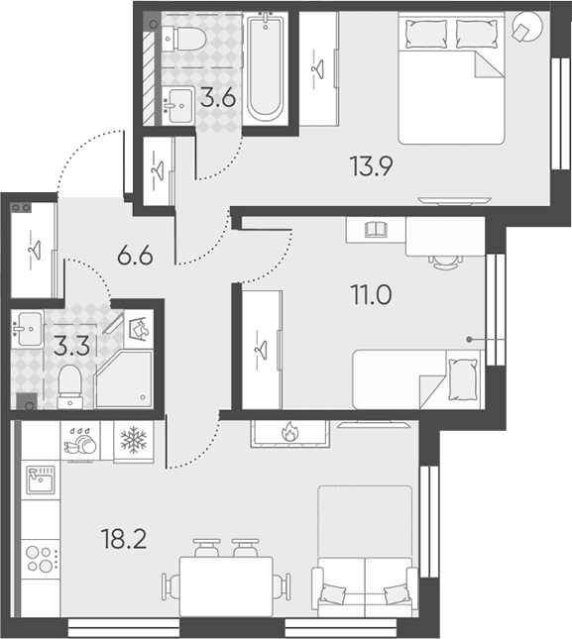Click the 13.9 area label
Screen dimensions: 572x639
tap(371, 166)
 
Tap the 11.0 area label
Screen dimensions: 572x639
tap(371, 295)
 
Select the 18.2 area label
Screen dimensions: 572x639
tap(124, 538)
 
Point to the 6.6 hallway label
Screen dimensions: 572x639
tap(135, 256)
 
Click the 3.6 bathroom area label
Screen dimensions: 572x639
tap(218, 98)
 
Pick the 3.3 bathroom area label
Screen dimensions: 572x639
tap(71, 347)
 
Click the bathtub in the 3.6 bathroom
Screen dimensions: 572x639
tap(265, 66)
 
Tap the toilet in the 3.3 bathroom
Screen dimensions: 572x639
tap(69, 386)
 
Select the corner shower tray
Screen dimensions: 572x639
tap(125, 379)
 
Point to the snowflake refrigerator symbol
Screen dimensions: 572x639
tap(133, 440)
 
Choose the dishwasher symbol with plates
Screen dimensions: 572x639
tap(80, 441)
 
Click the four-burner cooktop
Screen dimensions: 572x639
tap(41, 559)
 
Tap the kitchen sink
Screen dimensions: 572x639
tap(41, 479)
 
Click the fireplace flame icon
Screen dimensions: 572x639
tap(289, 432)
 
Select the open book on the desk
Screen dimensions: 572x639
tap(376, 229)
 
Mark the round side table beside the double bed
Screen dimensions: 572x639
tap(527, 27)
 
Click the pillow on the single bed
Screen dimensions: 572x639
tap(462, 379)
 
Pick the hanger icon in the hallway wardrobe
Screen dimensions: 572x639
tap(34, 249)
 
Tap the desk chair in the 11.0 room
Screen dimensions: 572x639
tap(445, 262)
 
